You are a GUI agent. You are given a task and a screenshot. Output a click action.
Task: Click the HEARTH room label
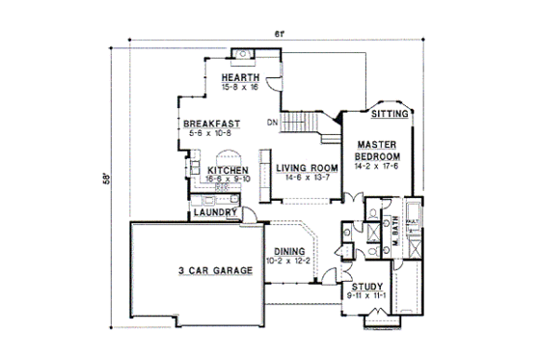point(238,77)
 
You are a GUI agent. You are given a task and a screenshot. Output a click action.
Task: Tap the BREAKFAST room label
point(212,124)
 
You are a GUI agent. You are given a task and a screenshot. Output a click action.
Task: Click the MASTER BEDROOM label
point(376,151)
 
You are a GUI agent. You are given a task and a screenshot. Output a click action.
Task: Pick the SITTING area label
point(392,113)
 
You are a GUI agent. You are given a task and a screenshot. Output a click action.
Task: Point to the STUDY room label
point(366,286)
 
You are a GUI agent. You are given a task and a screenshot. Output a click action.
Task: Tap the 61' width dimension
point(280,36)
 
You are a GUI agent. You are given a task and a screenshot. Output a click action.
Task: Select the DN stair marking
point(273,122)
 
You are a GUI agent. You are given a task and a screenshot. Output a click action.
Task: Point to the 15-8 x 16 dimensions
point(238,87)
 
